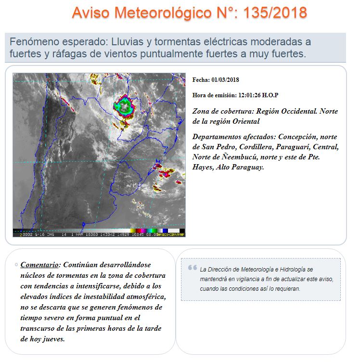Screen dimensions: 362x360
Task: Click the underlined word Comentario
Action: [x=39, y=265]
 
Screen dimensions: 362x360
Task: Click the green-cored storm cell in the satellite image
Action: [x=124, y=104]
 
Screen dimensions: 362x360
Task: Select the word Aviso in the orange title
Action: [x=91, y=13]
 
